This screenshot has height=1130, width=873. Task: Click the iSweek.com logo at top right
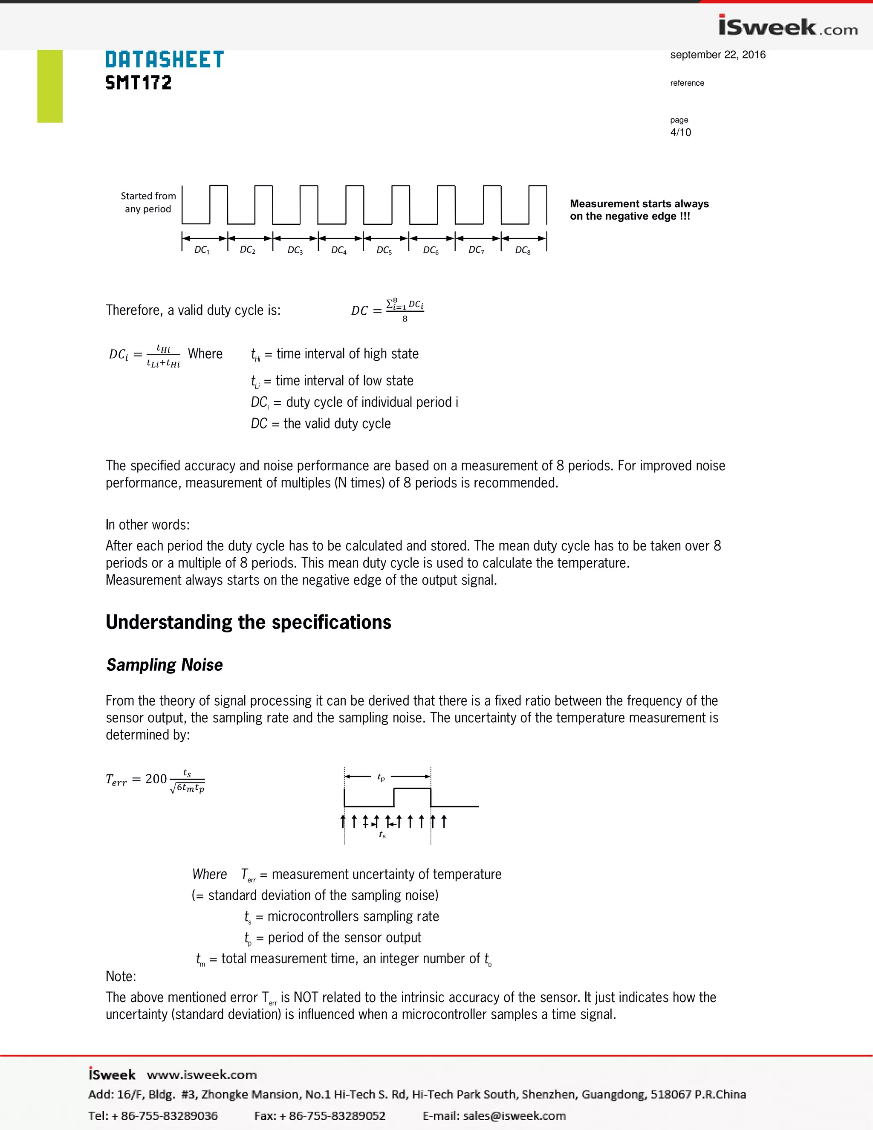click(787, 26)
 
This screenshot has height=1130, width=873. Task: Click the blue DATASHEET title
click(165, 60)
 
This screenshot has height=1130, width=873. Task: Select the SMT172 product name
click(138, 83)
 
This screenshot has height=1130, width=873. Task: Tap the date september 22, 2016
click(717, 55)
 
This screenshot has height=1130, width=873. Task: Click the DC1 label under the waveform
click(202, 250)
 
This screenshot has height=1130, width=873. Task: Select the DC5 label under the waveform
click(384, 250)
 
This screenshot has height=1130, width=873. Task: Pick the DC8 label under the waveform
click(522, 250)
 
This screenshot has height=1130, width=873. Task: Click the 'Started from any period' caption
click(148, 202)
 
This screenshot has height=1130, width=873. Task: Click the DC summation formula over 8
click(388, 310)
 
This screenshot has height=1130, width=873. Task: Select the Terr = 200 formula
click(155, 780)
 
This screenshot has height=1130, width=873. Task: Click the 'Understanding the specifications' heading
click(248, 622)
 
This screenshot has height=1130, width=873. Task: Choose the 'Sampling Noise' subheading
click(165, 665)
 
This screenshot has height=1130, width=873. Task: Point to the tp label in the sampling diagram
click(381, 777)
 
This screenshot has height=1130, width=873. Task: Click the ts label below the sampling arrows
click(382, 834)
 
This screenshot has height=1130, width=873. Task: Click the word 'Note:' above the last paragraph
click(121, 976)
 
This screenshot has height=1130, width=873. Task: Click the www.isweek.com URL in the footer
click(202, 1075)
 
